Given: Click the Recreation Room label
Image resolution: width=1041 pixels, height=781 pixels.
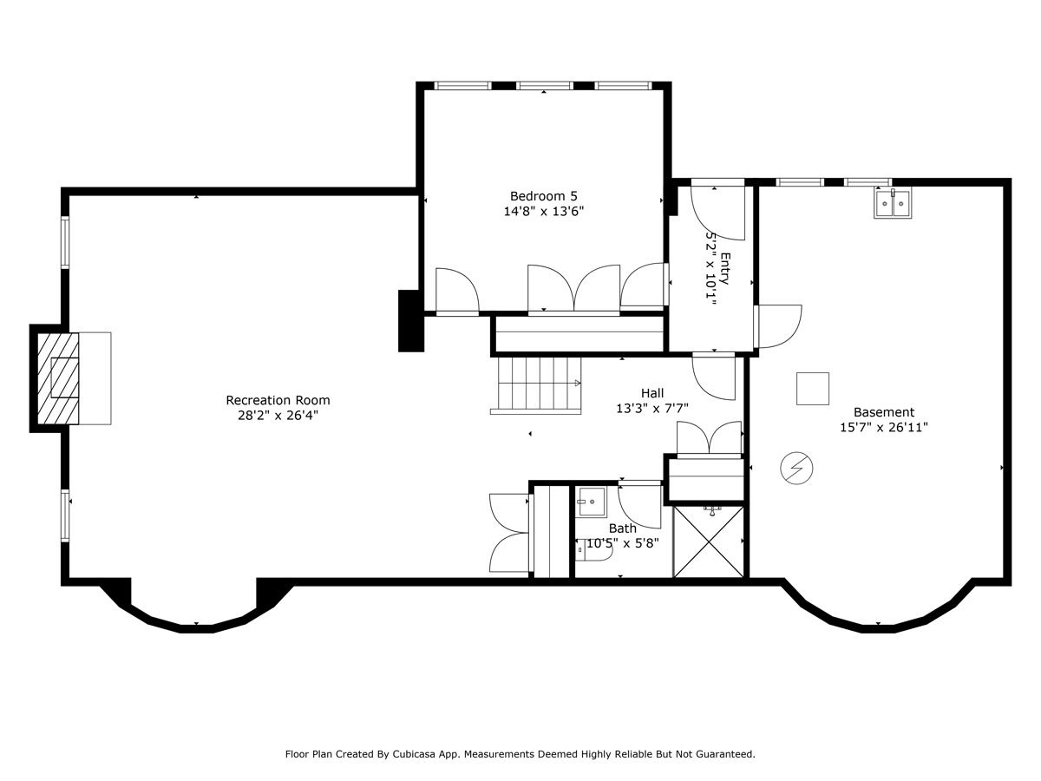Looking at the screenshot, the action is tap(278, 400).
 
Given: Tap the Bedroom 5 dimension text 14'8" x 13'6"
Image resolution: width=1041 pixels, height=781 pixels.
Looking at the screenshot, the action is tap(544, 211).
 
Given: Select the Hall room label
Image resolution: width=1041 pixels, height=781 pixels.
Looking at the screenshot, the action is tap(652, 393).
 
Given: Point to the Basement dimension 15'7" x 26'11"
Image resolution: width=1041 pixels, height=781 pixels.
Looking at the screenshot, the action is tap(883, 427).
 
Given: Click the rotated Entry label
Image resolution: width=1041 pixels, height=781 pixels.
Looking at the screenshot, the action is tap(725, 268).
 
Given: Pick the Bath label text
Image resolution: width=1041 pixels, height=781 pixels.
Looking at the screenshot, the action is tap(622, 528).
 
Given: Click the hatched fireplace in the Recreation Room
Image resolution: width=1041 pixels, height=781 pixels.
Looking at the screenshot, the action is tap(58, 378).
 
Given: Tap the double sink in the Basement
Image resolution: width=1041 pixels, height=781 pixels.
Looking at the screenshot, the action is tap(893, 203).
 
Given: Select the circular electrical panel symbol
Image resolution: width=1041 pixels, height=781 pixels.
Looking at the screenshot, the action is tap(796, 468).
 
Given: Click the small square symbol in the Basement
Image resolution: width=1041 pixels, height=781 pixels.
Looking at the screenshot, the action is tap(812, 389).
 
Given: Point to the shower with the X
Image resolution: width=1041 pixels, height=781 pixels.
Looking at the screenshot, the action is tap(708, 541).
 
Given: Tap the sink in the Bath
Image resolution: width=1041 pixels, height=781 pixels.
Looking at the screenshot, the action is tap(591, 502).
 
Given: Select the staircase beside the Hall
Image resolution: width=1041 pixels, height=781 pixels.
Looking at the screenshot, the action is tap(536, 385).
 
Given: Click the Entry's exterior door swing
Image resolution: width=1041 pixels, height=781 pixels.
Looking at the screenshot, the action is tap(718, 213).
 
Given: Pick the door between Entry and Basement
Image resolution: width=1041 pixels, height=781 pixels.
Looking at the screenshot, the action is tap(778, 326).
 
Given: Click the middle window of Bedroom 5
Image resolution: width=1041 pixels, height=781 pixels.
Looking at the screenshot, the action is tap(544, 86).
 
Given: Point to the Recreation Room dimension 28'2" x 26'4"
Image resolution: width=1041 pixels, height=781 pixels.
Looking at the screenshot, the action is tap(278, 416).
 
